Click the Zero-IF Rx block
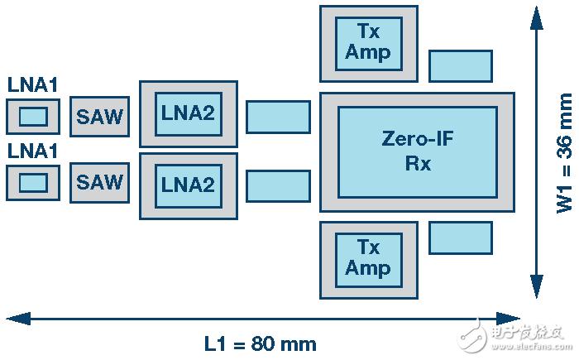click(x=418, y=151)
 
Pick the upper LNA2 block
click(x=189, y=114)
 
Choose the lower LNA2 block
click(x=189, y=185)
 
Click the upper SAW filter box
click(x=99, y=117)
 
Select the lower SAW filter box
click(x=99, y=181)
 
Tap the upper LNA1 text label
click(x=32, y=85)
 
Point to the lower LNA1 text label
click(x=32, y=151)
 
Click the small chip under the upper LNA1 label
click(x=33, y=117)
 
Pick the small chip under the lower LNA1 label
click(x=33, y=181)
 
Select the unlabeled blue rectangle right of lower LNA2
click(x=278, y=186)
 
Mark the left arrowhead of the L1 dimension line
click(x=15, y=318)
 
